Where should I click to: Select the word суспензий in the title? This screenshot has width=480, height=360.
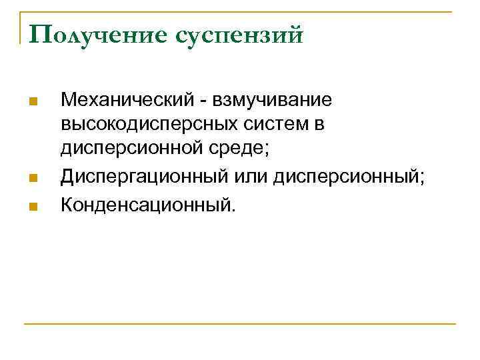[239, 35]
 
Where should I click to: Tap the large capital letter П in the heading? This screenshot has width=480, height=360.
[31, 33]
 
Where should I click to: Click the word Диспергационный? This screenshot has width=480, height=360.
[144, 177]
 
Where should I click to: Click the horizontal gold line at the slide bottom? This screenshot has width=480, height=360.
[240, 325]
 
